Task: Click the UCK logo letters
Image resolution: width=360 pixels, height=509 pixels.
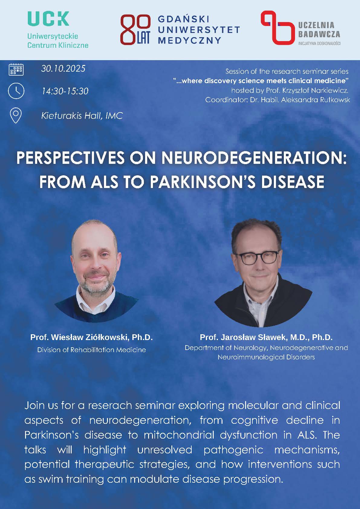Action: (48, 19)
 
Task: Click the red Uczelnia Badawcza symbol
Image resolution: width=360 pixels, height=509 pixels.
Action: (276, 27)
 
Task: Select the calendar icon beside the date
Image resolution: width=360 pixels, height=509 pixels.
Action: (16, 69)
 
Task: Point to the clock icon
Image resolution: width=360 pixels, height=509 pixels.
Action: (16, 91)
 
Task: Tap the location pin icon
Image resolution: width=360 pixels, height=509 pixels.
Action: (16, 116)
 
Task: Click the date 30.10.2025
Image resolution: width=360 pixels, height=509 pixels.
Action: (63, 68)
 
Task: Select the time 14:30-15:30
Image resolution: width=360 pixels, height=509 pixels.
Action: (65, 91)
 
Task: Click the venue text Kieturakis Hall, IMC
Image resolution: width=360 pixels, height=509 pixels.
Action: (82, 116)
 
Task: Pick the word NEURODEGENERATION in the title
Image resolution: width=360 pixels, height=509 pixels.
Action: (254, 158)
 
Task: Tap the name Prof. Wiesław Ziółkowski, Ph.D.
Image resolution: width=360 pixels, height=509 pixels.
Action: (92, 337)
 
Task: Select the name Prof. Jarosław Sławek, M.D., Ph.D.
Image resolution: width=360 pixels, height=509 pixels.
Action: (266, 337)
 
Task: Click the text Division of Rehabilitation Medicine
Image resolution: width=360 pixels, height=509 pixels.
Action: (92, 350)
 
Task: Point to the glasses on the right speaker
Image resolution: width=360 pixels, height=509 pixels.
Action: (256, 258)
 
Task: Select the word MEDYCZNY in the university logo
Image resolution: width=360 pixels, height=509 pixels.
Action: (190, 40)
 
